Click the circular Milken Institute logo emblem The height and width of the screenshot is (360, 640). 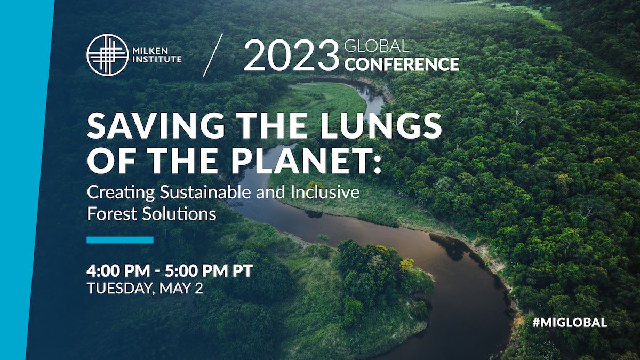[x=107, y=55]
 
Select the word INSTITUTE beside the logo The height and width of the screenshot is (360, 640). [x=157, y=59]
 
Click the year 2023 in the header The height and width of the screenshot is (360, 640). [x=291, y=55]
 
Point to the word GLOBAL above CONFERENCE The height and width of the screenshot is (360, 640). [x=377, y=46]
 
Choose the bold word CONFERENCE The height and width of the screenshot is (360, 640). [x=402, y=65]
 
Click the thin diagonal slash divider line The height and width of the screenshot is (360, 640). [x=213, y=55]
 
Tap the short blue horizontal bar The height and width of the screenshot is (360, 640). [x=120, y=240]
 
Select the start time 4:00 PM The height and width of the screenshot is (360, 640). [x=118, y=270]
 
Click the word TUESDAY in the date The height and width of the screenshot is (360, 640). [x=119, y=289]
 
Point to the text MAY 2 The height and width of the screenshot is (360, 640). [x=181, y=288]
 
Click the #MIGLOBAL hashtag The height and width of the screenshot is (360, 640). [x=570, y=323]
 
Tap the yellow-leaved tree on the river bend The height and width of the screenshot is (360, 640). [x=406, y=265]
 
